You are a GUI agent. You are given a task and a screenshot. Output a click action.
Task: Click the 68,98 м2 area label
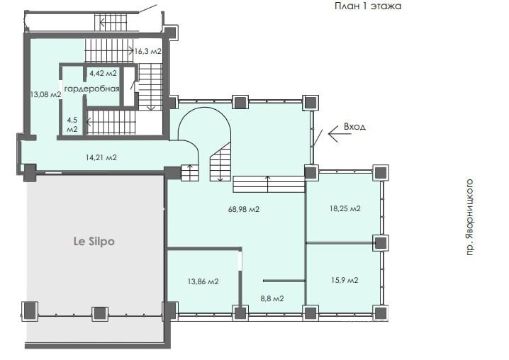(244, 209)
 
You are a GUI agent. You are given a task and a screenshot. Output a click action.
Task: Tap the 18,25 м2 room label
(345, 208)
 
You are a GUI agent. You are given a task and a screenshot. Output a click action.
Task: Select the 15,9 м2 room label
(345, 280)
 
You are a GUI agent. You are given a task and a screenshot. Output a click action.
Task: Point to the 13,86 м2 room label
(203, 281)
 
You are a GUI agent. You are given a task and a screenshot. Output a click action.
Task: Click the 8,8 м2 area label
(272, 298)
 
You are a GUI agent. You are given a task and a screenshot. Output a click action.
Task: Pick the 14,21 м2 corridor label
(101, 157)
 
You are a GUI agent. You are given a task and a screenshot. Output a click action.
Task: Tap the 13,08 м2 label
(45, 94)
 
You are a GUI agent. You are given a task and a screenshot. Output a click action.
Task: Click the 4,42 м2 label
(104, 73)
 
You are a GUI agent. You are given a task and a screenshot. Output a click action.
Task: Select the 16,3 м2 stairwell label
(147, 51)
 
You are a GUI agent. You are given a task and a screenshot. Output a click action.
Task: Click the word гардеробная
(92, 89)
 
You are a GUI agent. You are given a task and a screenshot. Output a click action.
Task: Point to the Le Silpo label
(94, 242)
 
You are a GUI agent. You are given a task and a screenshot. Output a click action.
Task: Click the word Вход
(354, 126)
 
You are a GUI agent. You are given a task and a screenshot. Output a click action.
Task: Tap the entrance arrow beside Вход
(340, 133)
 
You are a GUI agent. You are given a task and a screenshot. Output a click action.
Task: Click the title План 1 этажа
(368, 6)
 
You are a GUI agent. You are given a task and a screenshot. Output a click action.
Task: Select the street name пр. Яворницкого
(470, 217)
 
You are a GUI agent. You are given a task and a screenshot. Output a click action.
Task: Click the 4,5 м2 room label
(72, 125)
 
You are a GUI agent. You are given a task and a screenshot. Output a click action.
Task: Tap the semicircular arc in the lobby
(204, 108)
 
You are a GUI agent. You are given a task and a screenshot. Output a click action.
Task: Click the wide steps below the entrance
(269, 184)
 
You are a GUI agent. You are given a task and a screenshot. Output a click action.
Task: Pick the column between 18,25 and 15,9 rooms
(381, 243)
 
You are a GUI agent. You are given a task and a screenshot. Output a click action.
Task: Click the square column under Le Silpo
(100, 313)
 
